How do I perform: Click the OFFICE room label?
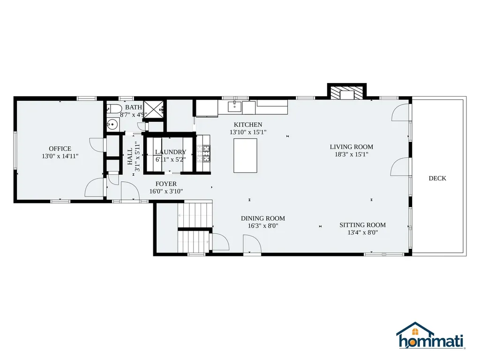pos(60,149)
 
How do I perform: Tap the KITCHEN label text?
pos(248,125)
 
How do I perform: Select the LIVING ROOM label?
pos(352,147)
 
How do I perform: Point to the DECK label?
pos(437,178)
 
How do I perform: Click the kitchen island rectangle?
pos(245,156)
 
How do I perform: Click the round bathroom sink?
pos(112,124)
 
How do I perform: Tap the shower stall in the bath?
pos(154,108)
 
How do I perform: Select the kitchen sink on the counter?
pos(235,107)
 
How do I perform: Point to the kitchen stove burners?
pos(203,153)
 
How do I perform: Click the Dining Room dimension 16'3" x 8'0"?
pos(263,226)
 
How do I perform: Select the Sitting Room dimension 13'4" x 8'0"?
pos(362,232)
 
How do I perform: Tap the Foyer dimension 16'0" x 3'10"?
pos(166,191)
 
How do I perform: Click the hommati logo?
pos(431,336)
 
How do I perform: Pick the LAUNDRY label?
pos(171,152)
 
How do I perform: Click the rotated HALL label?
pos(130,157)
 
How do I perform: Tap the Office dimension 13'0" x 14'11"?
pos(60,156)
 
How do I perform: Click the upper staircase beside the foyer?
pos(195,214)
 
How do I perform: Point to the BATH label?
pos(134,107)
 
